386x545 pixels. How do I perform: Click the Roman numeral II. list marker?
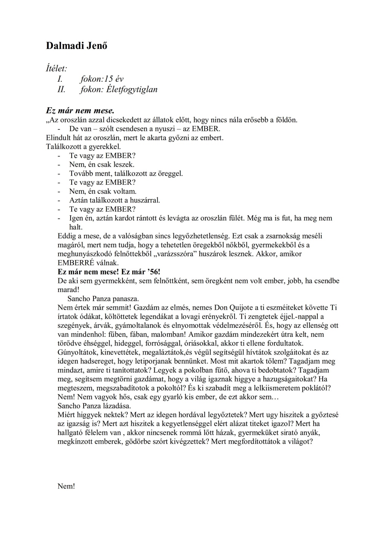point(61,90)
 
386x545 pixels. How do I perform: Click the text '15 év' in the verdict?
point(115,79)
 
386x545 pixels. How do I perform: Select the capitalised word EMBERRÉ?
point(76,263)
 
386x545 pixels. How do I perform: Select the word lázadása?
point(117,406)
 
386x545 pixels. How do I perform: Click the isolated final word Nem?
point(66,486)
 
